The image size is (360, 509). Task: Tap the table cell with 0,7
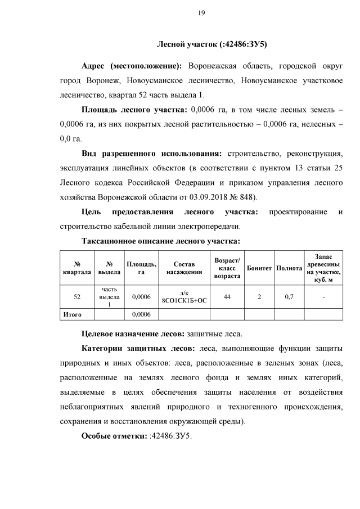pyautogui.click(x=289, y=296)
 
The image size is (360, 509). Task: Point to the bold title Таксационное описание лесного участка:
pyautogui.click(x=161, y=241)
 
